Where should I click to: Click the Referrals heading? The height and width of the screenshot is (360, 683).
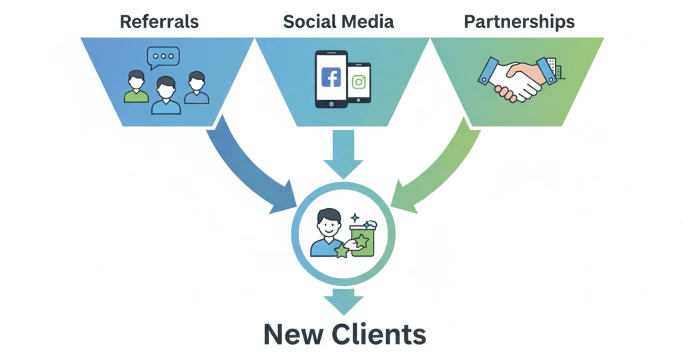[159, 21]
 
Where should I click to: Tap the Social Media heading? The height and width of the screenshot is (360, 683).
[338, 21]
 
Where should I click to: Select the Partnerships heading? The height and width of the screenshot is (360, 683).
[519, 21]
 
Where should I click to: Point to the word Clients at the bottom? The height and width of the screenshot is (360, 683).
[380, 334]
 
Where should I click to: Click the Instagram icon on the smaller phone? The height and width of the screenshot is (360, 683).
[359, 82]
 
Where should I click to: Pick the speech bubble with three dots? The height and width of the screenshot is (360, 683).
[164, 57]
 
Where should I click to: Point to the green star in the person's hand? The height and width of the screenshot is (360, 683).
[342, 251]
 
